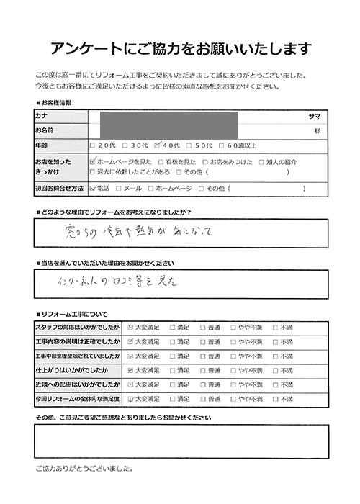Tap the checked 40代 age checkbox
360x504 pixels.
(x=159, y=145)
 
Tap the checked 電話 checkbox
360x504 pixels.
(x=93, y=188)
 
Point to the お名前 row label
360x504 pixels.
(x=45, y=130)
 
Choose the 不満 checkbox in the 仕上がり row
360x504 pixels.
(x=275, y=370)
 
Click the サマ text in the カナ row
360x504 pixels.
(x=313, y=116)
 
